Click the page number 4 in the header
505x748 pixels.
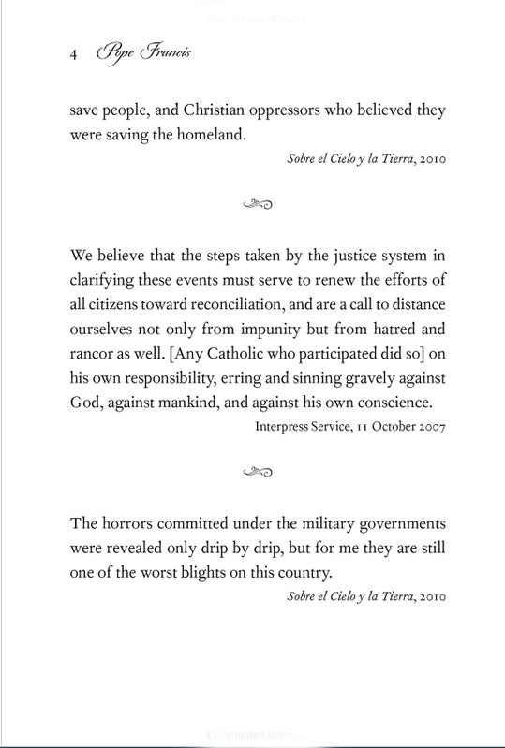(x=74, y=55)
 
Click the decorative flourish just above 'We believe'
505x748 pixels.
(x=255, y=201)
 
